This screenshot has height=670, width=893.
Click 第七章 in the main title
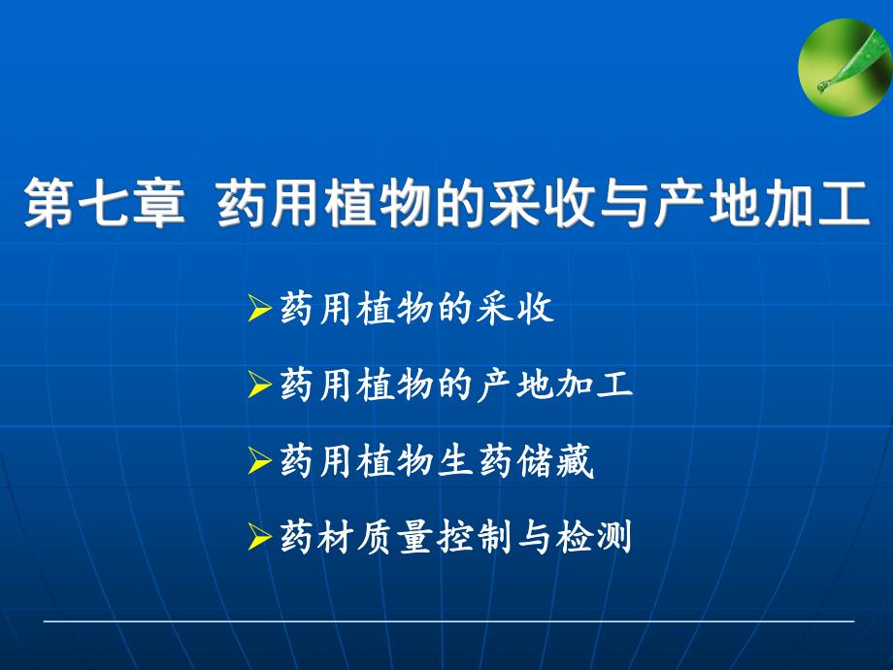pyautogui.click(x=104, y=203)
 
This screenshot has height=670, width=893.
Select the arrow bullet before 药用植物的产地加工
pyautogui.click(x=259, y=385)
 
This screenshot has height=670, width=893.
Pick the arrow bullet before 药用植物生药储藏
pyautogui.click(x=259, y=462)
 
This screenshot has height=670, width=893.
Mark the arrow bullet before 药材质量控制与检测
pyautogui.click(x=259, y=537)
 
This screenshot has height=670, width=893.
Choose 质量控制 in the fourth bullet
pyautogui.click(x=436, y=537)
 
